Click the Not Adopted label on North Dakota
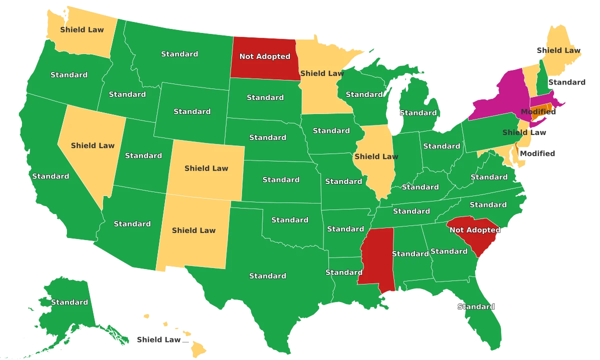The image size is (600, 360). click(x=264, y=56)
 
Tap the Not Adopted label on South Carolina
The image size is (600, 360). click(x=474, y=230)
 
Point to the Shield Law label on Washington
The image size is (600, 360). click(x=82, y=29)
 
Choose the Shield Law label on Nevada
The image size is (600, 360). click(x=92, y=145)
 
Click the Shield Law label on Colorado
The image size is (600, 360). click(x=206, y=168)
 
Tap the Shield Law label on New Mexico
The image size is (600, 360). click(x=193, y=230)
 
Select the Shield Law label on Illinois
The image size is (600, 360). click(x=376, y=156)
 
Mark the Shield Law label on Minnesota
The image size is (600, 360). click(x=321, y=73)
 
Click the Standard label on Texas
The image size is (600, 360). click(x=267, y=276)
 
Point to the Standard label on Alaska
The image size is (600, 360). click(x=69, y=302)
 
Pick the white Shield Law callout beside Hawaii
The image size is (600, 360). click(x=158, y=340)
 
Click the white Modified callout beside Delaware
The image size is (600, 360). click(x=537, y=153)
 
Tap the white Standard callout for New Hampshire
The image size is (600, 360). click(x=566, y=82)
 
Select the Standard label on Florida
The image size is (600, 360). click(x=475, y=307)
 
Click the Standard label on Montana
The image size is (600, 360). click(x=179, y=54)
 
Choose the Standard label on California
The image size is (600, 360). click(x=50, y=176)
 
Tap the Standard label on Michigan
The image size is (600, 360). click(x=418, y=113)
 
